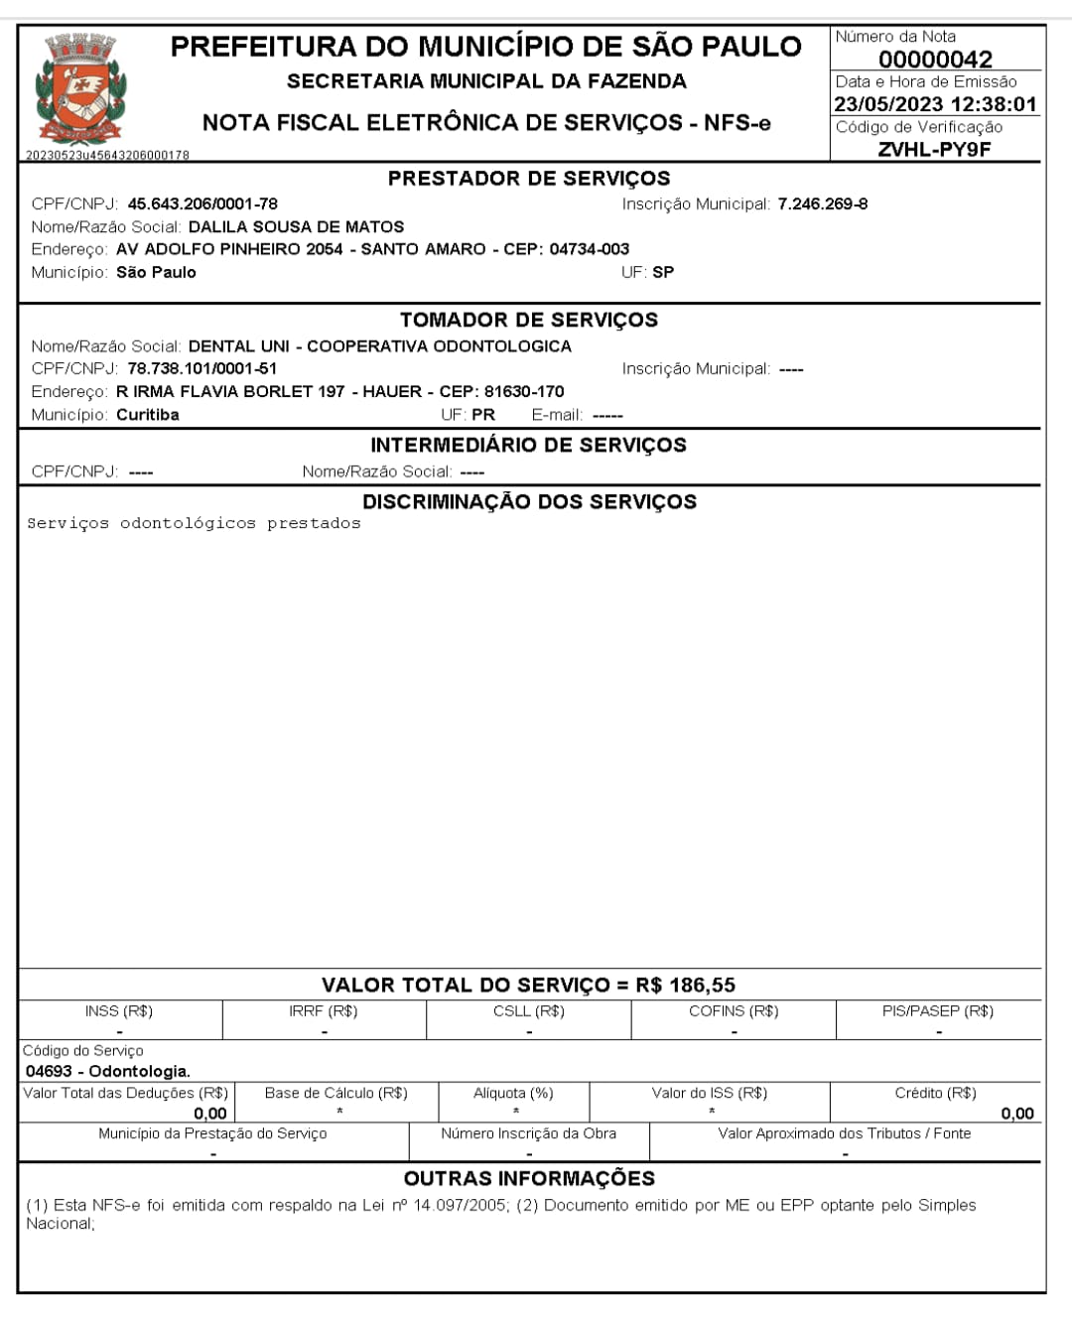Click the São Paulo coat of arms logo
coord(80,89)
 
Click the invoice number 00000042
coord(935,60)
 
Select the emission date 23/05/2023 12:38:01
coord(935,104)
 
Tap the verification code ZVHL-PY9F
coord(934,150)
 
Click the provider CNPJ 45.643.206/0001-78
coord(202,204)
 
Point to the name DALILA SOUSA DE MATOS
coord(296,227)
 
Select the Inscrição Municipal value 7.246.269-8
coord(822,204)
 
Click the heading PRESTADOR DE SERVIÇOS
coord(529,179)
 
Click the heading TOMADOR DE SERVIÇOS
coord(529,321)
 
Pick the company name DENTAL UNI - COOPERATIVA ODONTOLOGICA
coord(379,346)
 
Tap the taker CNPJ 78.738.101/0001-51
coord(202,369)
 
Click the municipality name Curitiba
coord(148,415)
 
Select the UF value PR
coord(483,415)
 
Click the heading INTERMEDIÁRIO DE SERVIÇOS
coord(529,445)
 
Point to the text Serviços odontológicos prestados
coord(194,524)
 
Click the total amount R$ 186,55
coord(686,986)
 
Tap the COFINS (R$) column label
coord(734,1011)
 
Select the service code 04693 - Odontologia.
coord(108,1072)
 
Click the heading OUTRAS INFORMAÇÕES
coord(529,1179)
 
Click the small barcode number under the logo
coord(107,156)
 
